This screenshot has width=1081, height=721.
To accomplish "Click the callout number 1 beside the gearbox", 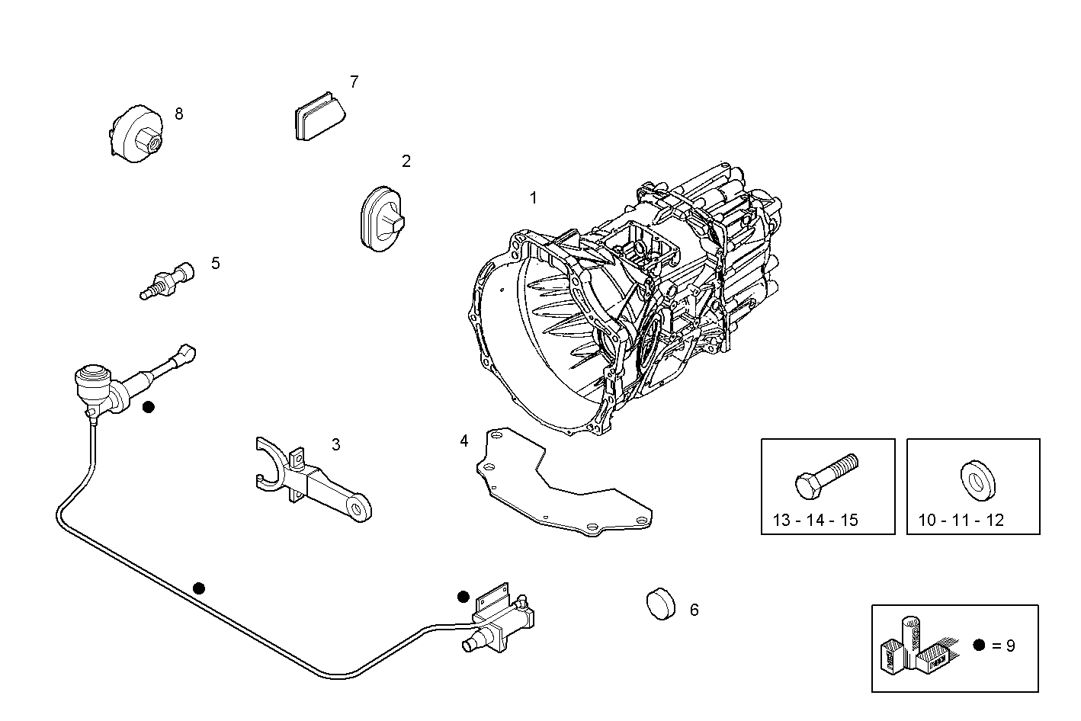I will pos(534,198).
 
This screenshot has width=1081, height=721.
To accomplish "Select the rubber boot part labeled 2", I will pos(380,217).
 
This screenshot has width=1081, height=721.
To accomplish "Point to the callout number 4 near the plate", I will pos(464,441).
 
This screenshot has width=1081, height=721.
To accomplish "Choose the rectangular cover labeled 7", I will pos(318,116).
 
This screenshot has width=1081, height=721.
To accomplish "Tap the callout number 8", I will pos(179,114).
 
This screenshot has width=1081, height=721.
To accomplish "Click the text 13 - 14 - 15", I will pos(815,521).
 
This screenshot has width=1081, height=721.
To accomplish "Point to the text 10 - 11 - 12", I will pos(961,521).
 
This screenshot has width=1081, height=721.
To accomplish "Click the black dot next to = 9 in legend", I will pos(979,645).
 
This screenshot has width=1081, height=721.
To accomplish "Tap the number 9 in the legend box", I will pos(1011,646).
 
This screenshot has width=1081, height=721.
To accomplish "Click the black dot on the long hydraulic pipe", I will pos(199,588).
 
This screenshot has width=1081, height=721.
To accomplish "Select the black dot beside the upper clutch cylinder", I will pos(149,407).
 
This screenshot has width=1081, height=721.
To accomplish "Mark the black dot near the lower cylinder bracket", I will pos(463,596).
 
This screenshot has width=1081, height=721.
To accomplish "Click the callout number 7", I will pos(354,82).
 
